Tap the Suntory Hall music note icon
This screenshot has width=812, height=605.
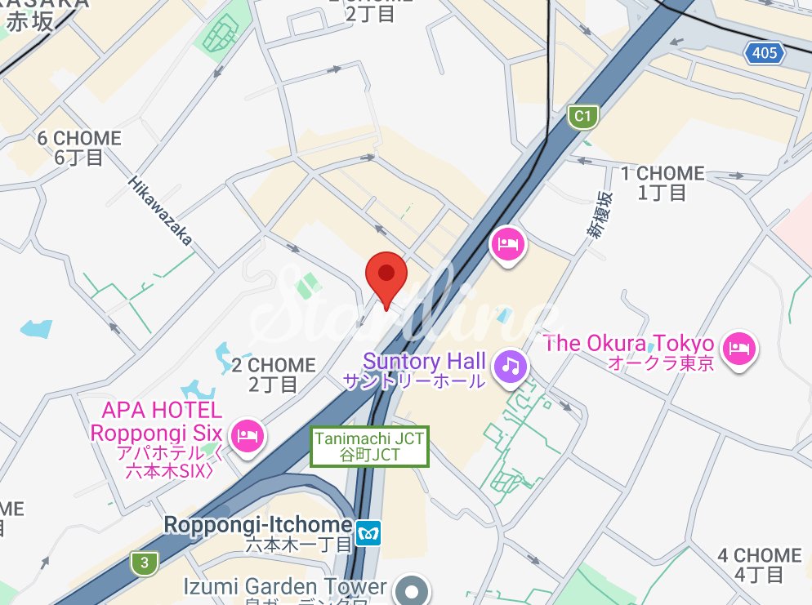(511, 363)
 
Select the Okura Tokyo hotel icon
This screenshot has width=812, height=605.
(739, 348)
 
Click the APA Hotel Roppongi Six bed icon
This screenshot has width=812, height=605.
(245, 434)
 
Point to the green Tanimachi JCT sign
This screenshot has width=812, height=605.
(370, 447)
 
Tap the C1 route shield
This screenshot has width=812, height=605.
(582, 117)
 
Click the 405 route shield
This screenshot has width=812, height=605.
(764, 54)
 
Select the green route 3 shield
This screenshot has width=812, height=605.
(144, 562)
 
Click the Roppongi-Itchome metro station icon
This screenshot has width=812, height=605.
(369, 533)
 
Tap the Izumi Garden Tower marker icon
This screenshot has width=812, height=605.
(412, 589)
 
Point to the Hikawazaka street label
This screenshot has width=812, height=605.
(160, 210)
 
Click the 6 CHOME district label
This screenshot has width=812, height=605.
(79, 148)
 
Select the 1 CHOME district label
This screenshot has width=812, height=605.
(662, 183)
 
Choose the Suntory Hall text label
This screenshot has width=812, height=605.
(425, 370)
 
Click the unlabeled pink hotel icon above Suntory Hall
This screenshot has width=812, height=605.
(507, 243)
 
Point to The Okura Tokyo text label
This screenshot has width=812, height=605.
(629, 352)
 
